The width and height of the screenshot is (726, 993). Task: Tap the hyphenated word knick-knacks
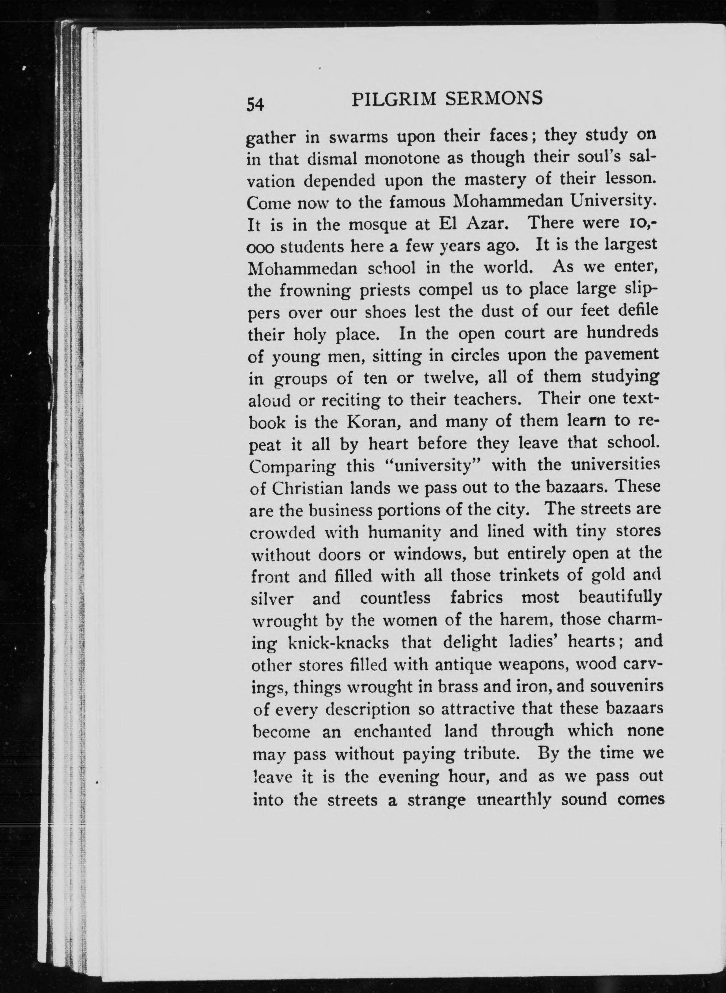tap(338, 643)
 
